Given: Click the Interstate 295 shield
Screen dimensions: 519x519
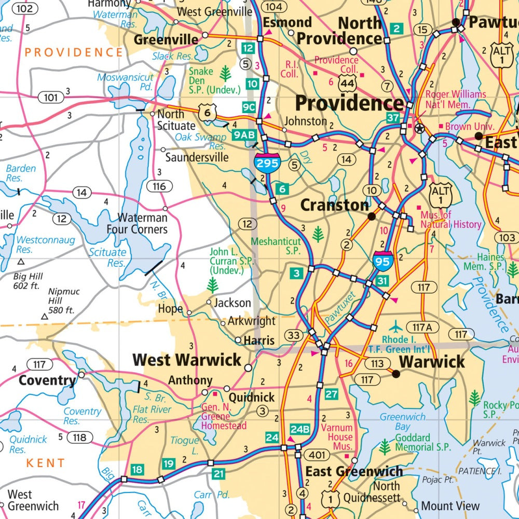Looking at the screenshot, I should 267,162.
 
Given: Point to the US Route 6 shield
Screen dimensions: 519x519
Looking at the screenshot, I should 209,112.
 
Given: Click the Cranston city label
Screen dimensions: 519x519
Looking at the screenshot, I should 335,205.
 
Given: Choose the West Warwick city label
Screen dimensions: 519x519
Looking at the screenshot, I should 187,360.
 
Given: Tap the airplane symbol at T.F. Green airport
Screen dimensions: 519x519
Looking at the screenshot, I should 396,327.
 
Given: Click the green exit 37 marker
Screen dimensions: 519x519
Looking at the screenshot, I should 393,118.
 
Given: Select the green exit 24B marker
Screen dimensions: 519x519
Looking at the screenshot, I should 300,429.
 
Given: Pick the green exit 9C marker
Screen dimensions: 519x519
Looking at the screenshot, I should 249,107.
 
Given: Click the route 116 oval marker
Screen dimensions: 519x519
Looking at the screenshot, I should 159,186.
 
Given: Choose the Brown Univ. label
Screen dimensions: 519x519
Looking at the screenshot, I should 465,126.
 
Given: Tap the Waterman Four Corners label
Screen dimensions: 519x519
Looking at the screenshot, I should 137,223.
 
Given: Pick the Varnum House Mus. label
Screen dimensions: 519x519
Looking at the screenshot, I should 336,437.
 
